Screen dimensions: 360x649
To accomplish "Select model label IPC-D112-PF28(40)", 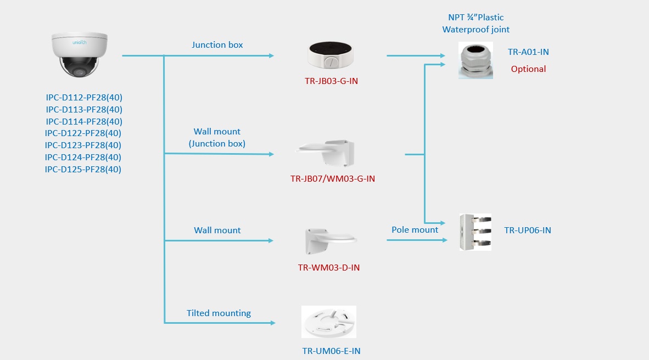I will click(84, 98).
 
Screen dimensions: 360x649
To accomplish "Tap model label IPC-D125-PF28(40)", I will click(83, 170).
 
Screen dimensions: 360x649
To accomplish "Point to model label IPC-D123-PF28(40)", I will click(83, 145).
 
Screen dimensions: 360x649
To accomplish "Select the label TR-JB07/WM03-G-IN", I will click(333, 179).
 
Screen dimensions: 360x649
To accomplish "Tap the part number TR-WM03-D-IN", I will click(328, 268).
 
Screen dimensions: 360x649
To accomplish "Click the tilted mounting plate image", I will click(329, 322).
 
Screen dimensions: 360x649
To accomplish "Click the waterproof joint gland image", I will click(475, 60).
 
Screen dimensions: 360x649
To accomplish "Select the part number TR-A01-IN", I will click(528, 52).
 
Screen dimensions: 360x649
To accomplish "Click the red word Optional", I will click(528, 69).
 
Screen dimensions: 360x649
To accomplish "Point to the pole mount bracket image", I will click(475, 232).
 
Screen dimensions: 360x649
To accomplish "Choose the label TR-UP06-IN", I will click(527, 230).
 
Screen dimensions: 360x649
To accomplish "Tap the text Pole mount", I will click(415, 230).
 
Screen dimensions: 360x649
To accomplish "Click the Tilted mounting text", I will click(219, 313).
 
